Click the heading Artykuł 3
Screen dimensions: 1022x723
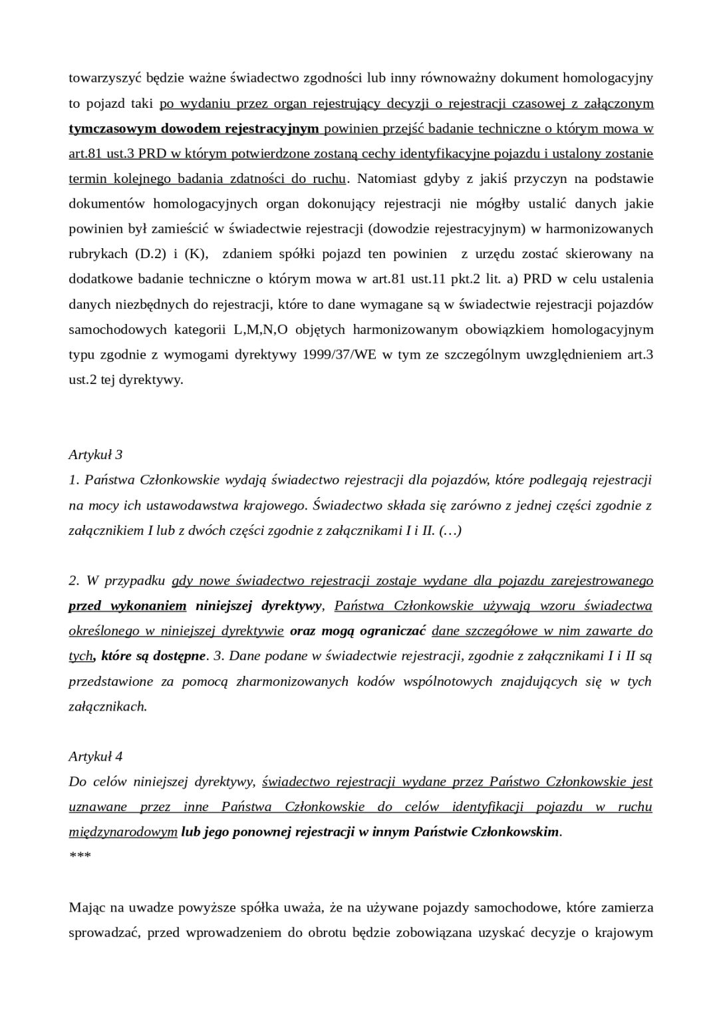pos(95,455)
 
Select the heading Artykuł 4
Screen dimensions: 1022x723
pos(95,757)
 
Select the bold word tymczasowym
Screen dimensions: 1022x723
pos(110,128)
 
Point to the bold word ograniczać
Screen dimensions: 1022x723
pos(392,631)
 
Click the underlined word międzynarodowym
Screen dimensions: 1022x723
pos(123,832)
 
